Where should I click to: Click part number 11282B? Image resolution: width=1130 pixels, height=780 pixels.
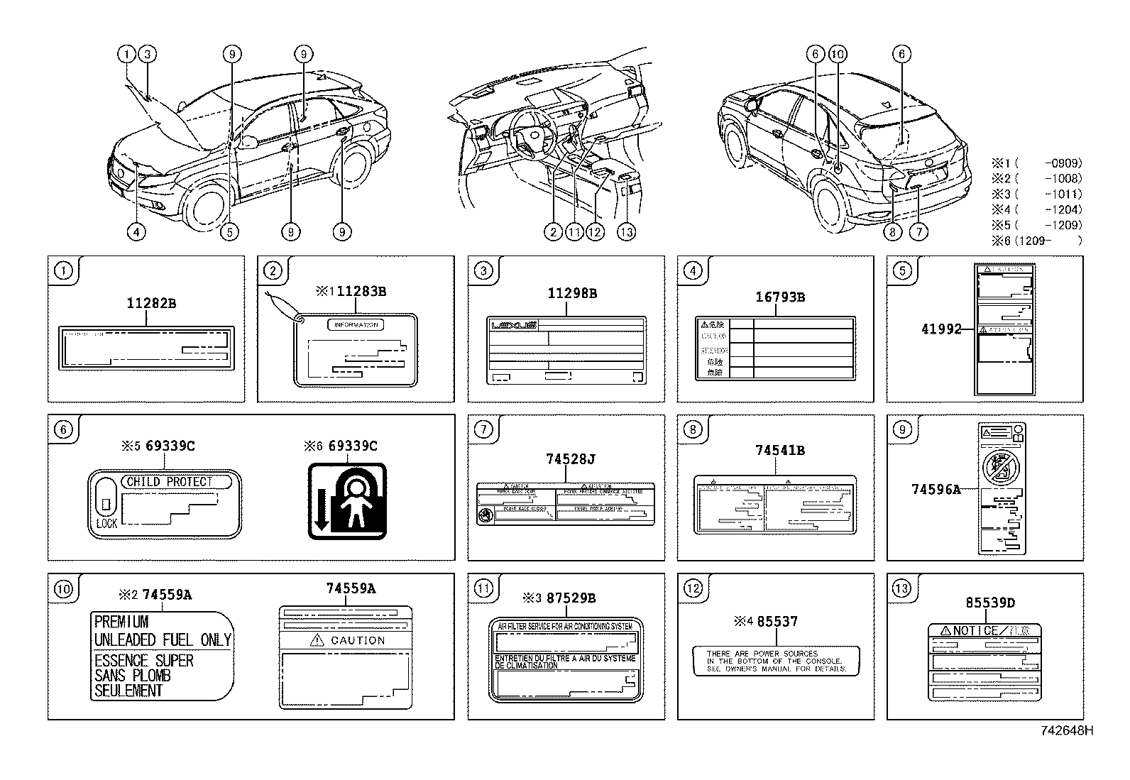click(x=151, y=303)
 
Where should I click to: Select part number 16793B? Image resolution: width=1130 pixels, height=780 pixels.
click(x=779, y=297)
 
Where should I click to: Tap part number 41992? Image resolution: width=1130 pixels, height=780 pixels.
click(x=941, y=329)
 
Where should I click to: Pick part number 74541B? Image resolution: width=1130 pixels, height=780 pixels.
click(x=779, y=450)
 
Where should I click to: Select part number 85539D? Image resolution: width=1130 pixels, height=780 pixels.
click(x=990, y=603)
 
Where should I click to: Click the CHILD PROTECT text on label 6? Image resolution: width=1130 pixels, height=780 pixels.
click(x=170, y=481)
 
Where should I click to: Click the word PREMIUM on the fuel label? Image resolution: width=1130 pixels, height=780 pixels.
click(x=121, y=622)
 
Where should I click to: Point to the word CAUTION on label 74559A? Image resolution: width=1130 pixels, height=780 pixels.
click(x=357, y=640)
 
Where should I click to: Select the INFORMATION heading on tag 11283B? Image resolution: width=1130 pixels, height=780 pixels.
click(x=356, y=325)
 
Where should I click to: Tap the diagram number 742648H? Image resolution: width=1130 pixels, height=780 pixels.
click(x=1067, y=730)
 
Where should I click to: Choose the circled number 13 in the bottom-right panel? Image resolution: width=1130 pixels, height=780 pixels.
click(x=901, y=588)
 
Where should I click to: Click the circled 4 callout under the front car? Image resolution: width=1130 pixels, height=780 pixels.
click(x=137, y=231)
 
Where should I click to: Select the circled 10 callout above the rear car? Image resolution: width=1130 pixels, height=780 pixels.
click(x=837, y=54)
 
